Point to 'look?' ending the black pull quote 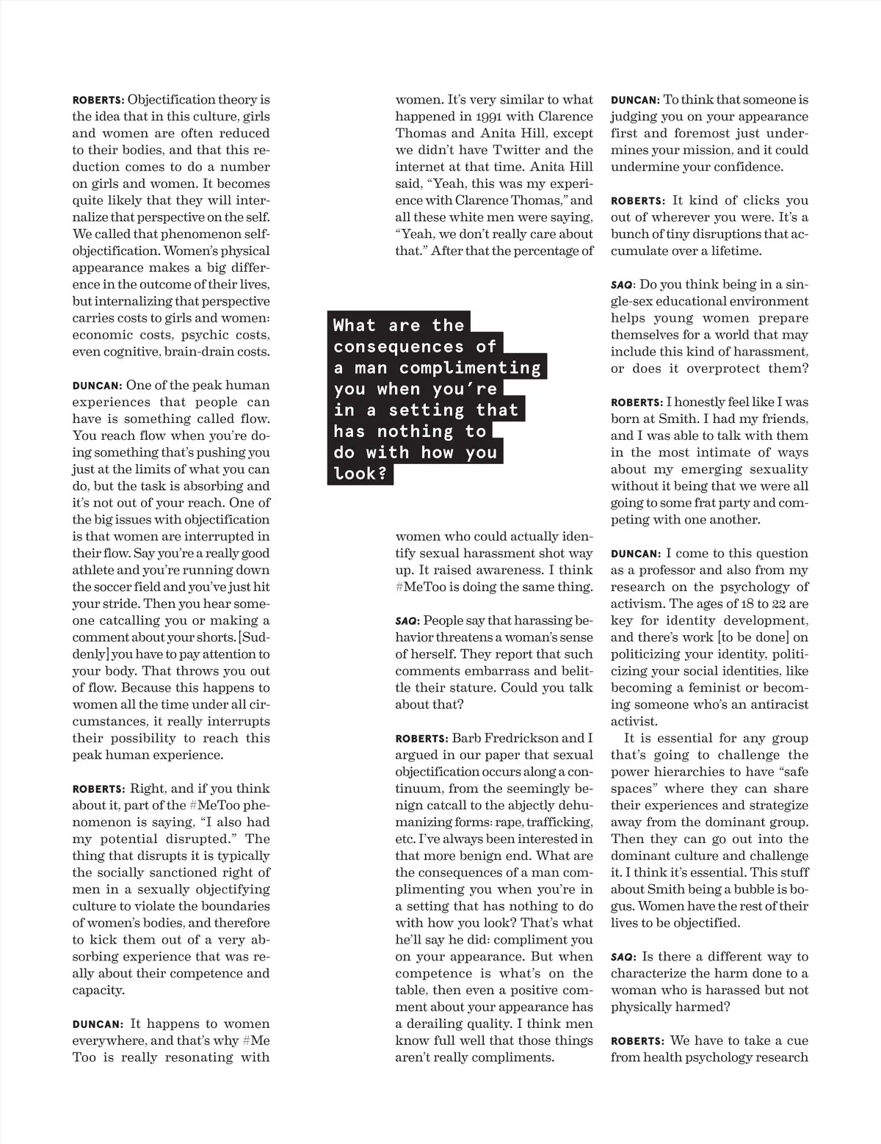(360, 474)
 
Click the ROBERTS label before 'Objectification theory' (98, 100)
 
